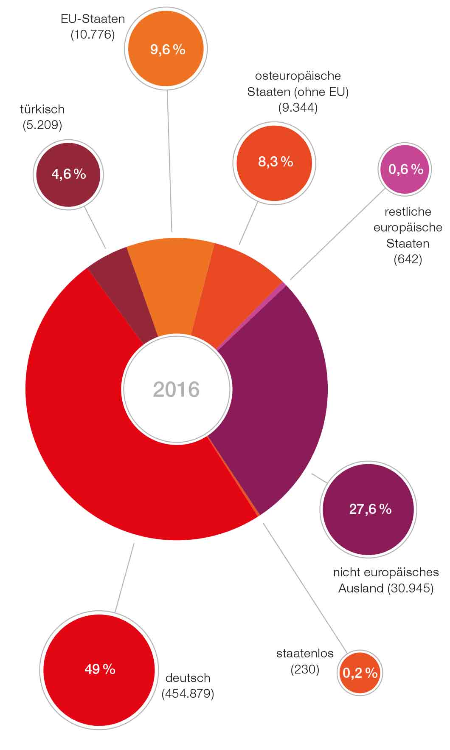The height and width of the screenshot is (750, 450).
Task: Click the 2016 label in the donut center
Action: tap(176, 389)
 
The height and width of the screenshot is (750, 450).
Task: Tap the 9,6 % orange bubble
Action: tap(168, 49)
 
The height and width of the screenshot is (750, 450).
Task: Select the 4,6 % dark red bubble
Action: tap(68, 174)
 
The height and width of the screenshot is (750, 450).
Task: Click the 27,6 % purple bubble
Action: tap(368, 509)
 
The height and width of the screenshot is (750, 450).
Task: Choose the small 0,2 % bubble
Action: tap(360, 673)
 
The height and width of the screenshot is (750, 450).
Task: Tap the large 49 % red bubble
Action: tap(99, 670)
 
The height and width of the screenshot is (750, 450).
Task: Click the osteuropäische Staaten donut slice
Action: tap(233, 293)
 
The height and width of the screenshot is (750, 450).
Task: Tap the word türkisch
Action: tap(42, 110)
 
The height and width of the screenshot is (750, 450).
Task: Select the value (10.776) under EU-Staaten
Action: tap(93, 34)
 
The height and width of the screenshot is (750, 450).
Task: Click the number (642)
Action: tap(408, 259)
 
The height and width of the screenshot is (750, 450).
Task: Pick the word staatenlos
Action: tap(305, 653)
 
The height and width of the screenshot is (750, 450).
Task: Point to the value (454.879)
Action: tap(188, 694)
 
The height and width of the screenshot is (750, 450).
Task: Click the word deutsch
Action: tap(188, 678)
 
